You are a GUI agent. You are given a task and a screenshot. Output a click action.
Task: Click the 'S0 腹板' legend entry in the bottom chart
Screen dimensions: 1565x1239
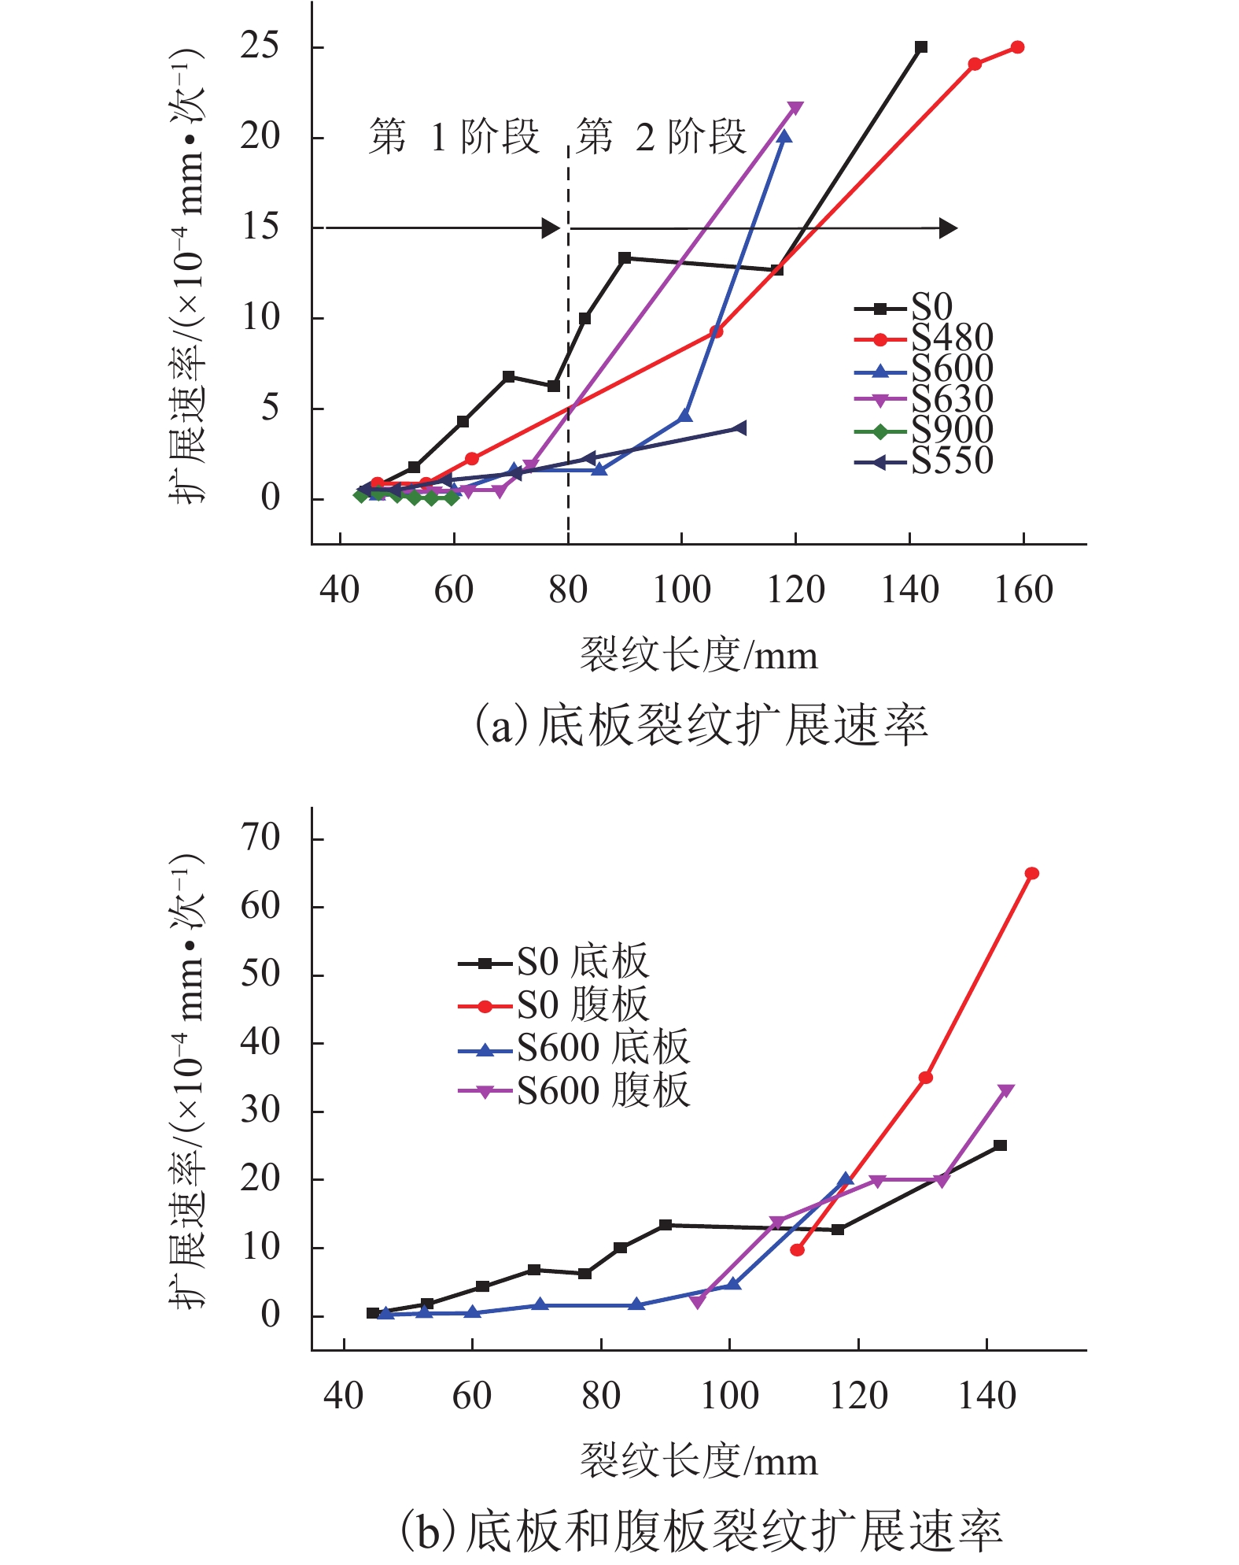tap(581, 1005)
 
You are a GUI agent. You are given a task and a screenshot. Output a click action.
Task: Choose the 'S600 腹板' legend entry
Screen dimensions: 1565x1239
tap(602, 1091)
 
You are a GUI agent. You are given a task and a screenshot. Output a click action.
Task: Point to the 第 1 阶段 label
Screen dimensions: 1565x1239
tap(454, 137)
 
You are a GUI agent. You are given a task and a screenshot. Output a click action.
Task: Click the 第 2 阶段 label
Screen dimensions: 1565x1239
tap(661, 137)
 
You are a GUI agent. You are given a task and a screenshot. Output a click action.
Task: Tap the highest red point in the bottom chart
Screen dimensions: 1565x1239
tap(1031, 873)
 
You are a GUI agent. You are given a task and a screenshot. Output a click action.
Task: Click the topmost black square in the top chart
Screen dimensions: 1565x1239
tap(921, 47)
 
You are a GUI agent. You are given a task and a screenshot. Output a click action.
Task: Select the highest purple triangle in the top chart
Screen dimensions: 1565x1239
tap(795, 108)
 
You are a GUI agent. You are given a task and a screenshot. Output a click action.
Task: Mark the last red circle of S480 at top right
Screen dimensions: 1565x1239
tap(1017, 47)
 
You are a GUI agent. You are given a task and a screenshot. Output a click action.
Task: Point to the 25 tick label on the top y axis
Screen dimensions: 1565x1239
tap(260, 46)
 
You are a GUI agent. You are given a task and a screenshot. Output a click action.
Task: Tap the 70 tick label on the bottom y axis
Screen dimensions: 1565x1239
tap(260, 838)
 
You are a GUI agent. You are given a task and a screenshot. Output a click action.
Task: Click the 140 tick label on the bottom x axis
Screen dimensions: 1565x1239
tap(986, 1397)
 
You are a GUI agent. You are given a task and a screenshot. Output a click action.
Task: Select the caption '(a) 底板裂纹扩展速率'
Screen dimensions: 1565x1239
tap(700, 725)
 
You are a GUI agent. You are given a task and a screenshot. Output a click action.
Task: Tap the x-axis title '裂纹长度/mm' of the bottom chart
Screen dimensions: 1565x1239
tap(699, 1461)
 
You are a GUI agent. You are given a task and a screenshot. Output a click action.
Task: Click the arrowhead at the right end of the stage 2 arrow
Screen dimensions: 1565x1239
tap(948, 228)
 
